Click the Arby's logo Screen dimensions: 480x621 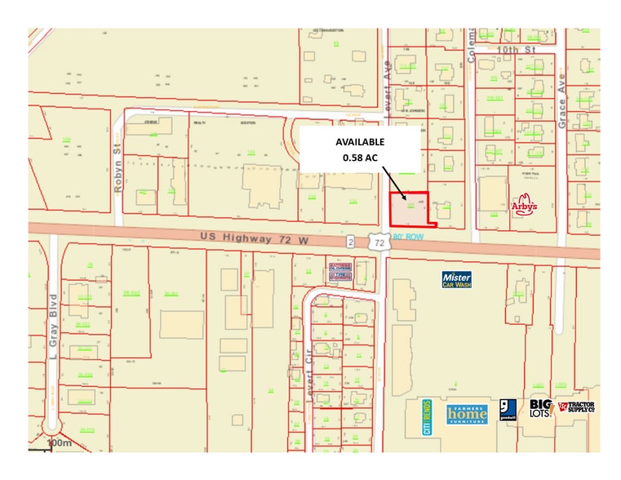click(525, 205)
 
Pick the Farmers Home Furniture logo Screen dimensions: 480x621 click(466, 412)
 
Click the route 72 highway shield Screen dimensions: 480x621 click(376, 242)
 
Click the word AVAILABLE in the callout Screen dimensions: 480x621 click(361, 141)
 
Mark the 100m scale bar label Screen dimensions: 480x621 click(60, 442)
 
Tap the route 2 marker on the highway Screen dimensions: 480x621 click(348, 242)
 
